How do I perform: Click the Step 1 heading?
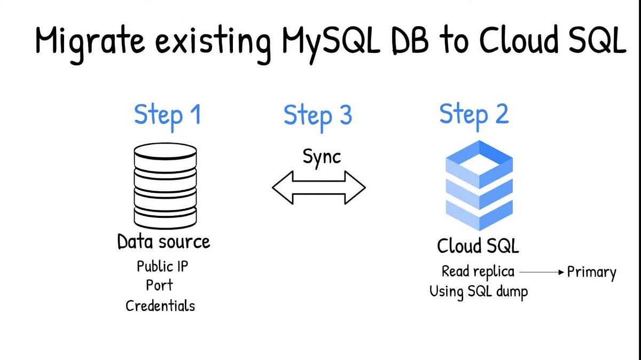[167, 114]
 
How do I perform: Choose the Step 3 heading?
[318, 115]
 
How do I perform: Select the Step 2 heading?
[474, 114]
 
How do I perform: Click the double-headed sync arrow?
[319, 187]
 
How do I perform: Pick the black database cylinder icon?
[165, 187]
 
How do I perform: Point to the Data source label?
[163, 242]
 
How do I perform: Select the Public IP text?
[162, 266]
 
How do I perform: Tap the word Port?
[160, 285]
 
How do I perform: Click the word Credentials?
[160, 306]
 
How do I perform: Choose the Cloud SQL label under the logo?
[478, 246]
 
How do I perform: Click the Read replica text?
[478, 272]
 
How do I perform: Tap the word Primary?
[591, 272]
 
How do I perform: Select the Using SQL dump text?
[478, 292]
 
